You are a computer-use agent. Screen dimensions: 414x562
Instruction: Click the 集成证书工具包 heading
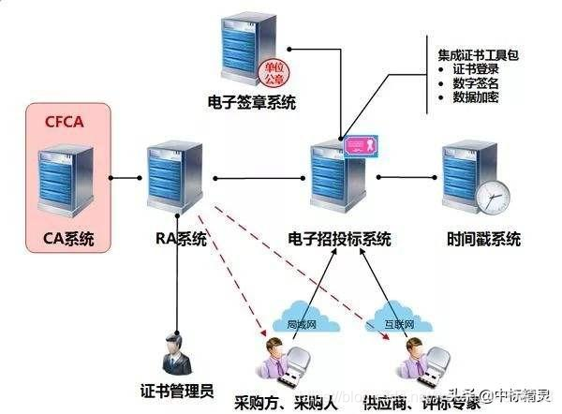[x=478, y=54]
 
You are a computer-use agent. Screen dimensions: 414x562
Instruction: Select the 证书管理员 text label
[x=176, y=389]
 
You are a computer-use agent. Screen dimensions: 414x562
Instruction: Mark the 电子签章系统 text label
[x=251, y=102]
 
